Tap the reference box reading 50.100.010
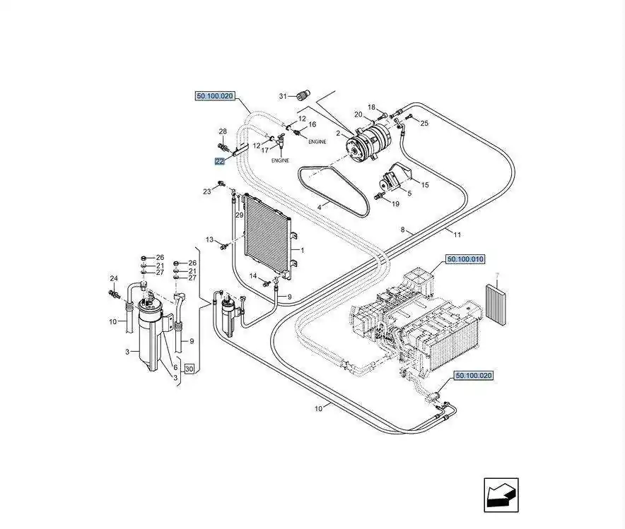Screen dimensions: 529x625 (465, 260)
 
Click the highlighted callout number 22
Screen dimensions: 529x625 (220, 162)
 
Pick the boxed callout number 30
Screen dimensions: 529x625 (188, 369)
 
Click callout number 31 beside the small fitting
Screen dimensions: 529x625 (282, 96)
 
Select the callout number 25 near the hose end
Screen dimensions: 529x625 (424, 124)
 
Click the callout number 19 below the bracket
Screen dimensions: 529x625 (395, 203)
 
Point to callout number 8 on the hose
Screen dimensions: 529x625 (402, 230)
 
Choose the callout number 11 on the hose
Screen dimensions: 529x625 (457, 234)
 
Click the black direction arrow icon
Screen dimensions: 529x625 (501, 494)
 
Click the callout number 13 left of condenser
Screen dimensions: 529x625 (209, 239)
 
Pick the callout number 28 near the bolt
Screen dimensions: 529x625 (222, 132)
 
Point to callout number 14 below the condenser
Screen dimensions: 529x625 (252, 275)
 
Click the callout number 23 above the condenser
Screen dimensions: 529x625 (207, 191)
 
